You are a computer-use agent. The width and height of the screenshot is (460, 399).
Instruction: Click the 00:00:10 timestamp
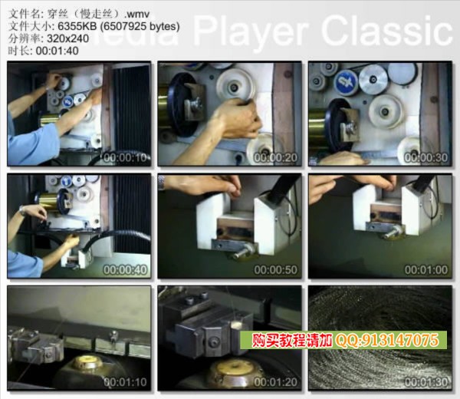coord(125,157)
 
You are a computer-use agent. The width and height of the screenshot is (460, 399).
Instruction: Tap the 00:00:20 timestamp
coord(276,157)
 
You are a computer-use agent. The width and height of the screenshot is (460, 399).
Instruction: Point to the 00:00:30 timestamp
coord(426,157)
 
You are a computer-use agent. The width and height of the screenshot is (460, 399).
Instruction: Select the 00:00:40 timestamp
coord(125,270)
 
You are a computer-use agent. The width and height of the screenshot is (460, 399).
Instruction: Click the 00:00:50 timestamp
coord(276,270)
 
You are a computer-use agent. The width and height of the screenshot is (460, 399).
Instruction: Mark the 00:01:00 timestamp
coord(426,270)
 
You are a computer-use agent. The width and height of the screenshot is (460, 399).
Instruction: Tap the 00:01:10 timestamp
coord(125,382)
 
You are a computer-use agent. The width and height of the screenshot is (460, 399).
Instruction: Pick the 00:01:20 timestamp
coord(276,382)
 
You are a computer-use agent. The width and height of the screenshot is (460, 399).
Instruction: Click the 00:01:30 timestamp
coord(426,382)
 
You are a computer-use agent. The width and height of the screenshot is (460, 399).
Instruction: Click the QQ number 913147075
coord(400,341)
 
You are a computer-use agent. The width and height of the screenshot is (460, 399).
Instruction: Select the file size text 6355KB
coord(77,26)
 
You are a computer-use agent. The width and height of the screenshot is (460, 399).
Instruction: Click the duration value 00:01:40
coord(58,51)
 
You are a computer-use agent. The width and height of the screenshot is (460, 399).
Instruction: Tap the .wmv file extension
coord(137,14)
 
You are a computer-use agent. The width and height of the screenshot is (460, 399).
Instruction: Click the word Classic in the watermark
coord(386,31)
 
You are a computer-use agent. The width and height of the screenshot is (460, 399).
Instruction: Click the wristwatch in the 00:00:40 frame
coord(21,210)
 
